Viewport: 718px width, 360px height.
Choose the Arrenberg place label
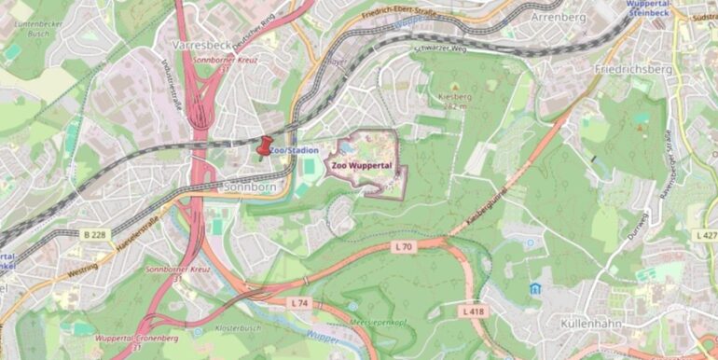click(557, 17)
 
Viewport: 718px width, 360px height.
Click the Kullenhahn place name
click(592, 323)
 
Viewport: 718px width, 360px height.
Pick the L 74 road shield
click(298, 303)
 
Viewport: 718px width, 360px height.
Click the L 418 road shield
click(474, 309)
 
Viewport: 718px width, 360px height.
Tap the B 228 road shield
click(93, 233)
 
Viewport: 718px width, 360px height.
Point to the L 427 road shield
click(706, 236)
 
